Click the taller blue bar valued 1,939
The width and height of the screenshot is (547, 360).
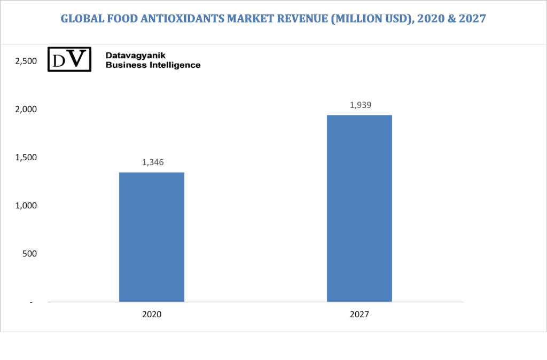[360, 208]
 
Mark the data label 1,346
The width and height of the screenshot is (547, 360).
[153, 162]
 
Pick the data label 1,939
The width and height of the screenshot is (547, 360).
[361, 105]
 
